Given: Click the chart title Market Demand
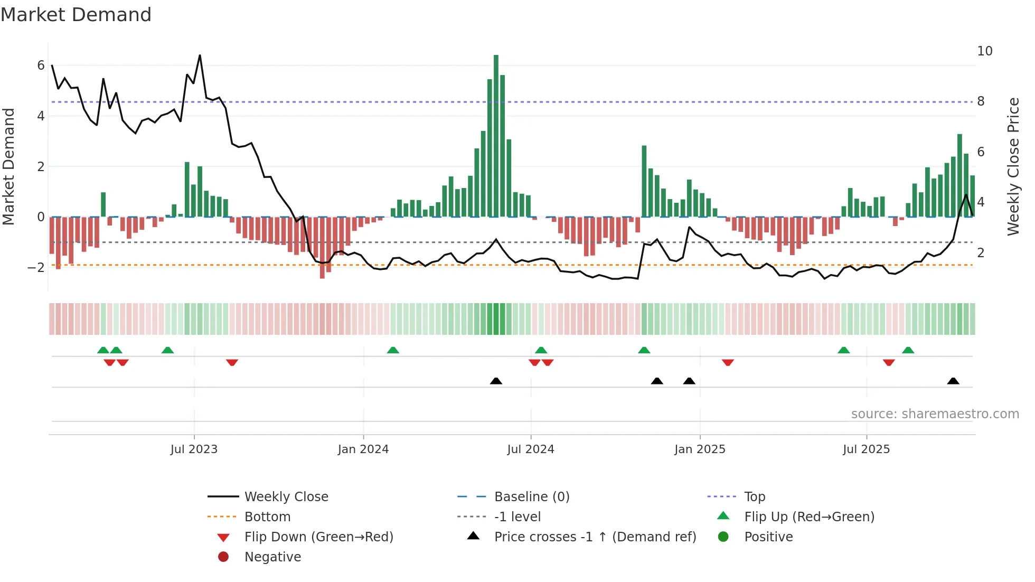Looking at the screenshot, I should tap(76, 15).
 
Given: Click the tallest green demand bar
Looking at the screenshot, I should tap(496, 136).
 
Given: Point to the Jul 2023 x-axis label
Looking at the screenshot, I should tap(194, 449).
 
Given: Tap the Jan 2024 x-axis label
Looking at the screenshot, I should tap(363, 449).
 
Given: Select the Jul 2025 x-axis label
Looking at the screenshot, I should tap(866, 449).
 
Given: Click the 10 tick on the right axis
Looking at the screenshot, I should tap(984, 51).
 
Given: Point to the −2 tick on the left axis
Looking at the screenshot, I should tap(36, 268).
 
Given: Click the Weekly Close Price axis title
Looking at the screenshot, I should tap(1013, 166).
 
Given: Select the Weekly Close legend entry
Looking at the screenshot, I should tap(286, 497).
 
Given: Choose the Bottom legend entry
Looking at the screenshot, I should tap(267, 517).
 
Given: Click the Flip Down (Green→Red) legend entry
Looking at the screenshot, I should tap(318, 537).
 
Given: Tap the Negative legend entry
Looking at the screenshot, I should tap(272, 557).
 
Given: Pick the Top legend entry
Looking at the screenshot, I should tap(754, 497).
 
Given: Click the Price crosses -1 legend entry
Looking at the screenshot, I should tap(595, 537).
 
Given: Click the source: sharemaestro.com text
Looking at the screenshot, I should tap(935, 414).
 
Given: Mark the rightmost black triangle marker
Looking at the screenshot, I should tap(953, 381).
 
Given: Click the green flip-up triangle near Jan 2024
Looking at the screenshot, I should tap(393, 350).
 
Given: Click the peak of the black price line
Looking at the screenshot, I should tap(200, 55).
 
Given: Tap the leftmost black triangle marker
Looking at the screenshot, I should tap(496, 381).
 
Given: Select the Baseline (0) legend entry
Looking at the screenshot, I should tap(531, 497).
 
